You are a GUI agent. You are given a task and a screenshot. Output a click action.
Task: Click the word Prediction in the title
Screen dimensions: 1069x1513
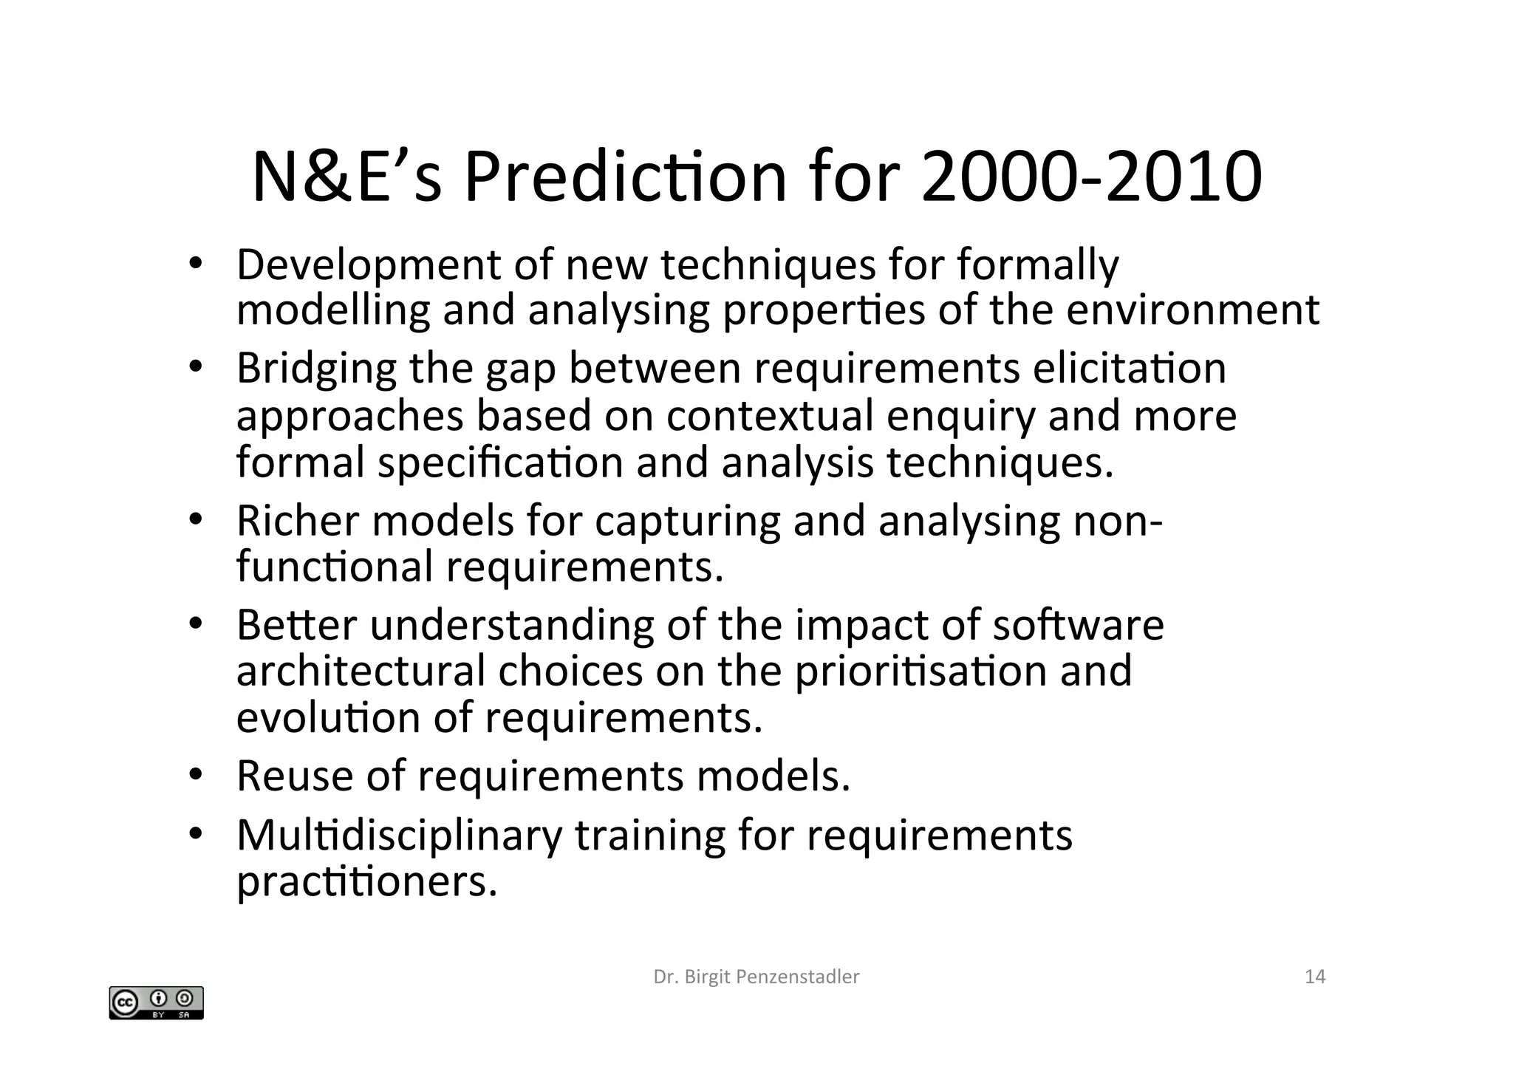click(x=625, y=177)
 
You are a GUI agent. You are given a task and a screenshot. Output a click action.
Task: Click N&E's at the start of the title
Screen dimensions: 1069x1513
click(x=346, y=177)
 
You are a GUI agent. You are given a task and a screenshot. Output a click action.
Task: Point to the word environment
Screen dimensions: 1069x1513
click(x=1192, y=310)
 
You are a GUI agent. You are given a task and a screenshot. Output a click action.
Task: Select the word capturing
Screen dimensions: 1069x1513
click(x=686, y=522)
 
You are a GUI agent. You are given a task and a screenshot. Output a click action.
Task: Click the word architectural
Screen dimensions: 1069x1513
click(x=361, y=671)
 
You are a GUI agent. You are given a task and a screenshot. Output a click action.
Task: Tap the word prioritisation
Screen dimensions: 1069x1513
click(x=921, y=671)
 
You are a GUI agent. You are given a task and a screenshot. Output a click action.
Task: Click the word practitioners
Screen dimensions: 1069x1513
click(x=367, y=881)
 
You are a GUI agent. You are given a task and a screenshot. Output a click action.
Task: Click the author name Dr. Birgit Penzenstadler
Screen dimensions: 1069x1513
click(x=756, y=977)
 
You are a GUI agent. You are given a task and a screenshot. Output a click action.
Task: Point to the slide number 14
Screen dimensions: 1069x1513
click(x=1315, y=977)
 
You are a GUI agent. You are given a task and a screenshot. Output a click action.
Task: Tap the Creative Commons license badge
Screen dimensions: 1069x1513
click(x=156, y=1003)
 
